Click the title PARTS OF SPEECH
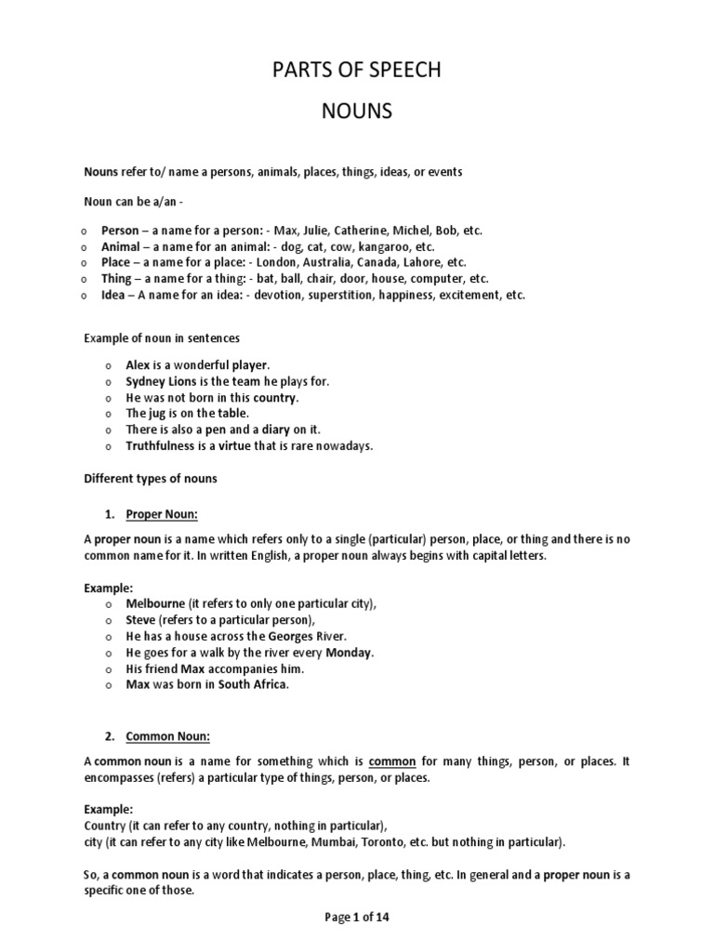pyautogui.click(x=357, y=71)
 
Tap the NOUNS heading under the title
pyautogui.click(x=357, y=112)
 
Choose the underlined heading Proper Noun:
pyautogui.click(x=163, y=514)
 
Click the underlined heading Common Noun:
pyautogui.click(x=168, y=737)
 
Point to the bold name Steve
pyautogui.click(x=141, y=620)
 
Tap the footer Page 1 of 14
pyautogui.click(x=357, y=917)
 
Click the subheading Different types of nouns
pyautogui.click(x=151, y=479)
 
